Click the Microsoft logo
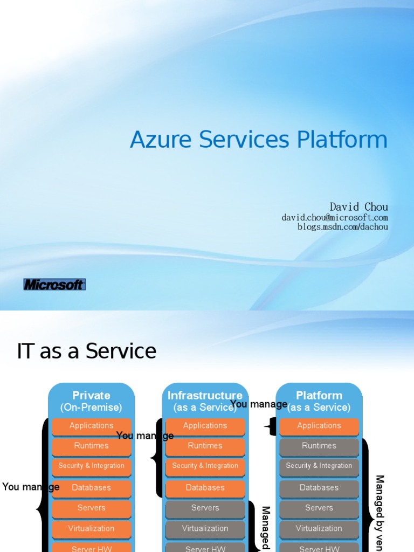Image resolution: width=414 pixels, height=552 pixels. pos(54,284)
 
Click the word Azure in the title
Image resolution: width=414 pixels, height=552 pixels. pos(161,140)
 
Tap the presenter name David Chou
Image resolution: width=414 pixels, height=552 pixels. pos(358,207)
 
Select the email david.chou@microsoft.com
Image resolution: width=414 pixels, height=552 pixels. pos(334,218)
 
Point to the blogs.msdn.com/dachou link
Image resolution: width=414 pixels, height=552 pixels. pos(342,227)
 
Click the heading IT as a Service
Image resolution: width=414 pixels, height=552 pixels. pos(87,351)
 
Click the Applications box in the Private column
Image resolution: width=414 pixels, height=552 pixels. pos(92,426)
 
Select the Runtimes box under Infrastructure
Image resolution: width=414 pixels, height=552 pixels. pos(205,446)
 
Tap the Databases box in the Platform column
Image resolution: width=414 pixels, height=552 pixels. pos(319,487)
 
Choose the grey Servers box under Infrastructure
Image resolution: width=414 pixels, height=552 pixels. pos(205,508)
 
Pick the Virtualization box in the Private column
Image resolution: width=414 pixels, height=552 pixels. pos(92,528)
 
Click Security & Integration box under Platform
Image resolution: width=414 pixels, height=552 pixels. pos(319,466)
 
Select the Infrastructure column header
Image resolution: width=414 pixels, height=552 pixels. pos(205,396)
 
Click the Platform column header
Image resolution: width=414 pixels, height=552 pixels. pos(319,396)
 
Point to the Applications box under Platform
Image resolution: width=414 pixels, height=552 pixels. pos(319,426)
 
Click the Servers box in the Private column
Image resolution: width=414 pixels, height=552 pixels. pos(92,508)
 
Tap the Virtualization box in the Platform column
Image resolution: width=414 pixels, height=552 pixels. pos(319,528)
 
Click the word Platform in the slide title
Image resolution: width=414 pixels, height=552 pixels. pos(342,140)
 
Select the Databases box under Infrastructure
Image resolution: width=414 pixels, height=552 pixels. pos(205,487)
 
